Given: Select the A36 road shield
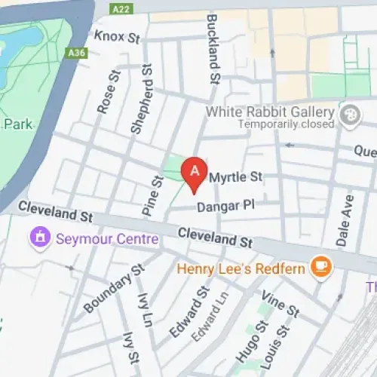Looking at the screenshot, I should pos(76,54).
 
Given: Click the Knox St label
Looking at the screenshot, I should pos(117,35).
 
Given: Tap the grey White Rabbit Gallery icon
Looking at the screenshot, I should pos(349,116).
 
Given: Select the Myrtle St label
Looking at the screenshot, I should pos(235,177).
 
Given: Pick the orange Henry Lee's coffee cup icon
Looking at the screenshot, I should pos(322,267).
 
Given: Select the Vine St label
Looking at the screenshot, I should pos(280,305).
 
